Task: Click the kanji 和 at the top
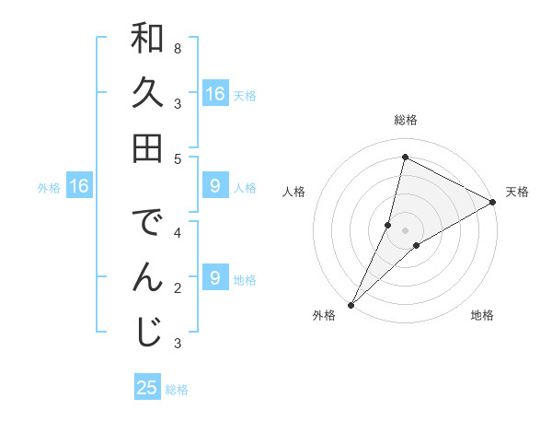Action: [146, 41]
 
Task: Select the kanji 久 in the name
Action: [146, 93]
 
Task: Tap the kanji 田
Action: [146, 146]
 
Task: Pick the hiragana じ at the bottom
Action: [146, 331]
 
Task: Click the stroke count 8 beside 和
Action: [177, 47]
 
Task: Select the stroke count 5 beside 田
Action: [177, 158]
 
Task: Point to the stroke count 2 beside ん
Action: [177, 288]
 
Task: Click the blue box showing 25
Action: [147, 388]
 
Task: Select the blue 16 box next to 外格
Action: [79, 187]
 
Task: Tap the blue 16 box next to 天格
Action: [214, 94]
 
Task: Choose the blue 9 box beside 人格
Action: [214, 187]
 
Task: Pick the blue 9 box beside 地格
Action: [214, 278]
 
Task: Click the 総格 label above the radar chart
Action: [405, 120]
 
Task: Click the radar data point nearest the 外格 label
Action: [351, 304]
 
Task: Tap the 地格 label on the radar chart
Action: [482, 316]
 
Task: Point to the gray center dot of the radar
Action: [405, 229]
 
